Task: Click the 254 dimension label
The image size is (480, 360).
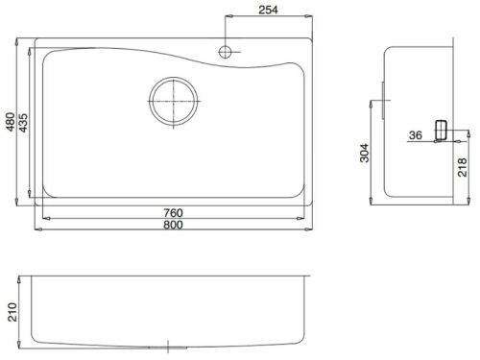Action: [x=268, y=10]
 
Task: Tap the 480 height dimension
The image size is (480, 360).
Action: [x=11, y=122]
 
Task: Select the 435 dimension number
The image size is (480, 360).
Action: [x=23, y=123]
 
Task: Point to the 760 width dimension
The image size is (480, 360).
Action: [x=173, y=213]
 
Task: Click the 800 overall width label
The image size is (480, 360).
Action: [x=173, y=225]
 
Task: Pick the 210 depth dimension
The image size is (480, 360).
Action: [x=12, y=312]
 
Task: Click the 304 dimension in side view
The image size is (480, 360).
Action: [x=364, y=153]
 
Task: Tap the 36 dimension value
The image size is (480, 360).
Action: [x=416, y=135]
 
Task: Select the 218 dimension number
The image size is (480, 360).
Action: [x=463, y=167]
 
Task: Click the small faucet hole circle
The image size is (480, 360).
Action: [x=225, y=52]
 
